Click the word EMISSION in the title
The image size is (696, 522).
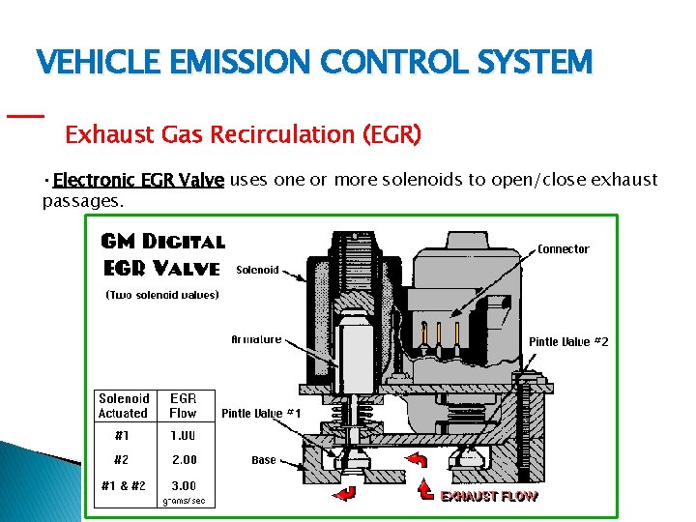(x=238, y=63)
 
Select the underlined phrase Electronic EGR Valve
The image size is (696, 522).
(x=139, y=181)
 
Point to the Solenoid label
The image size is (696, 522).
(x=257, y=271)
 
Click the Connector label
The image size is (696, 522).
(x=563, y=249)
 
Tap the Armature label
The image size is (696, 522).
(x=256, y=339)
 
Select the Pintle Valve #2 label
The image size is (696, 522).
(x=568, y=342)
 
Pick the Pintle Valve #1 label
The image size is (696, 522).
(x=262, y=414)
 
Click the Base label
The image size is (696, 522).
(x=264, y=461)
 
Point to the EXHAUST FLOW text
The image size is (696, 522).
(x=489, y=496)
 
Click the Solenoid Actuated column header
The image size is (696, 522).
(x=124, y=406)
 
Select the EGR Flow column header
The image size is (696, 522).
(x=183, y=406)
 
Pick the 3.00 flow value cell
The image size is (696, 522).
(x=183, y=485)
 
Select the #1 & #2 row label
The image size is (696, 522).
(x=123, y=485)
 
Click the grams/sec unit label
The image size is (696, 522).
(x=183, y=501)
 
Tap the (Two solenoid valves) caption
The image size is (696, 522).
(x=161, y=296)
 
